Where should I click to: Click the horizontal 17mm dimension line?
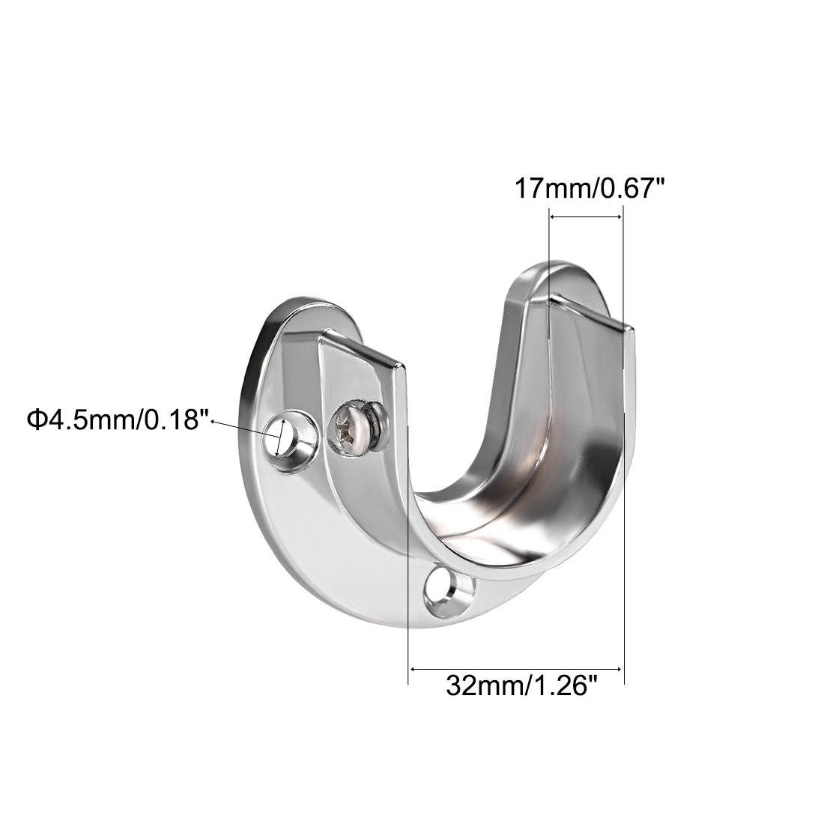click(586, 217)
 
